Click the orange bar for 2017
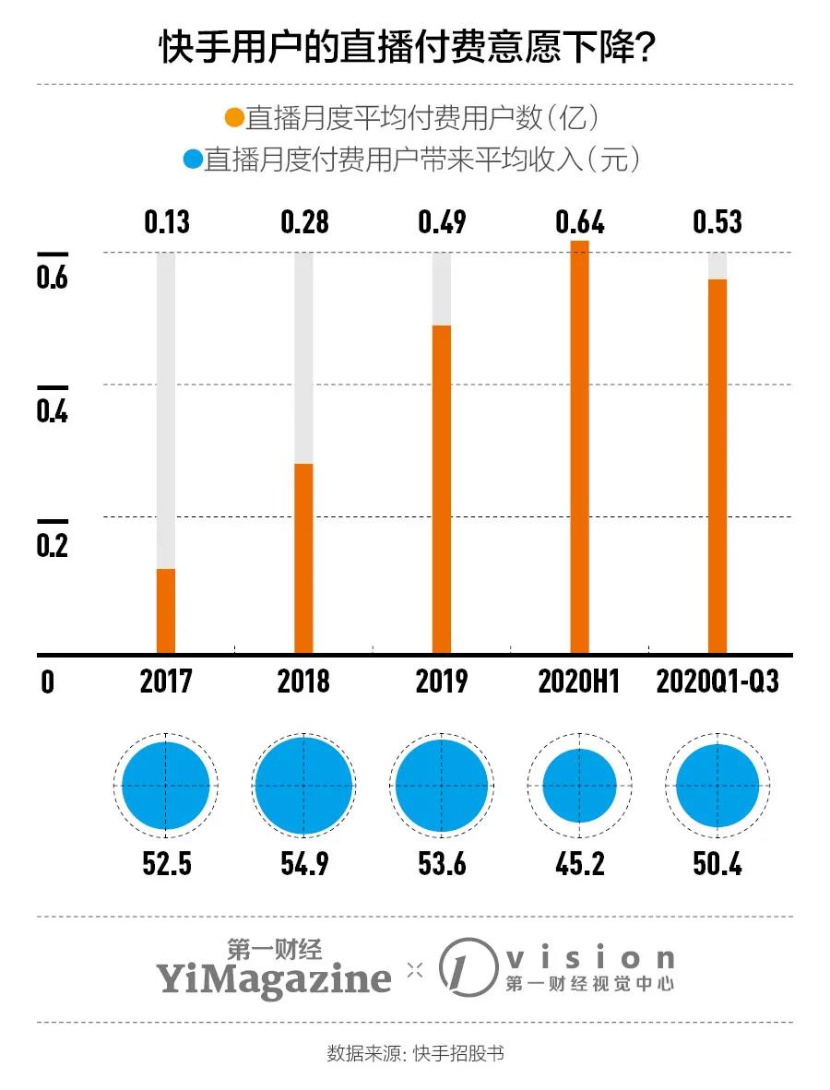[166, 610]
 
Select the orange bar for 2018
[303, 558]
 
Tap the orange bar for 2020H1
[579, 447]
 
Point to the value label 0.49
[442, 223]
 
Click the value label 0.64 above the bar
[579, 223]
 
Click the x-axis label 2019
[442, 681]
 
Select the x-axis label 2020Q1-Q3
[717, 681]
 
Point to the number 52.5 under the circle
[166, 864]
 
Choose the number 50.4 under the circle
[717, 864]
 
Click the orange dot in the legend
[234, 118]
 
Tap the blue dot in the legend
[193, 160]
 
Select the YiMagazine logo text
[273, 977]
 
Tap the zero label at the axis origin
[47, 682]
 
